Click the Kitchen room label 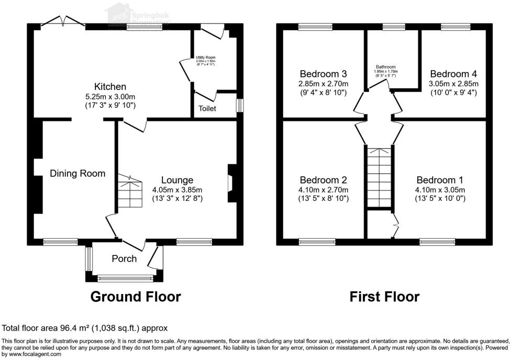pyautogui.click(x=110, y=86)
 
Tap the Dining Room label pyautogui.click(x=77, y=173)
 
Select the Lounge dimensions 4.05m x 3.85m pyautogui.click(x=177, y=189)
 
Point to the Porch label pyautogui.click(x=124, y=258)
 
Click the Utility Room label pyautogui.click(x=206, y=58)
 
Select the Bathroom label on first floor pyautogui.click(x=385, y=67)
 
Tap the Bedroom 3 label pyautogui.click(x=323, y=74)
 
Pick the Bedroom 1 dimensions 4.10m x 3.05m pyautogui.click(x=440, y=189)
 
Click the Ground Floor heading pyautogui.click(x=136, y=297)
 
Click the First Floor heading pyautogui.click(x=385, y=297)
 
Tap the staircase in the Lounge pyautogui.click(x=129, y=191)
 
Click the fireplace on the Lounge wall pyautogui.click(x=231, y=183)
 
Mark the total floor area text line pyautogui.click(x=85, y=329)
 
